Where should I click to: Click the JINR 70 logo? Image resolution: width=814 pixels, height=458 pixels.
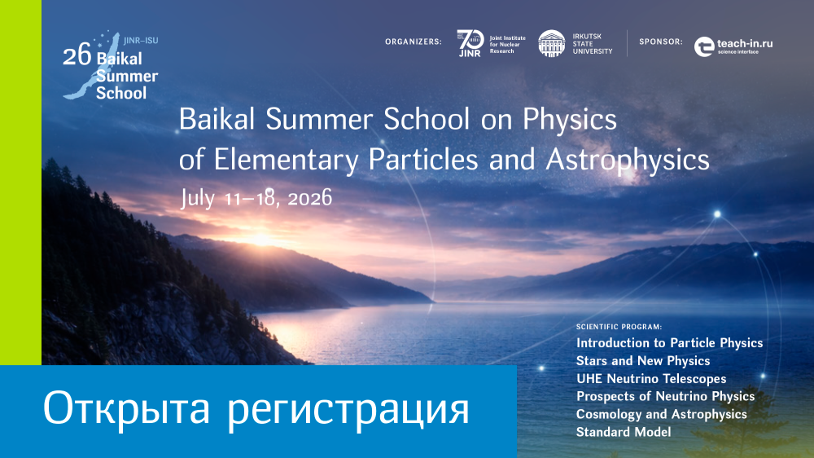(x=470, y=43)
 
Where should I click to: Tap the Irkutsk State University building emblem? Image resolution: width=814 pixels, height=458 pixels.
(x=551, y=43)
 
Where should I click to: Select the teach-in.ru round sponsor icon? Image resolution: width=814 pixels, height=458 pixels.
(x=704, y=46)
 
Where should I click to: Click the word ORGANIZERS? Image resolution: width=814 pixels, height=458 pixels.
(x=414, y=42)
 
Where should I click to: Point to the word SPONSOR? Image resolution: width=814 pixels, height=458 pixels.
(x=661, y=42)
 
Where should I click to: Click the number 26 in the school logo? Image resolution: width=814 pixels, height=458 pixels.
(x=77, y=55)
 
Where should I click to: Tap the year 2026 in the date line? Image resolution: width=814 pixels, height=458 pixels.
(x=309, y=198)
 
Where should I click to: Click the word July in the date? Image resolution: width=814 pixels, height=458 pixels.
(x=198, y=199)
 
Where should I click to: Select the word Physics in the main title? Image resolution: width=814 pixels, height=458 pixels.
(x=570, y=121)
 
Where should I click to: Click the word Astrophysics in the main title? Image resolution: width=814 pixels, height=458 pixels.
(x=628, y=160)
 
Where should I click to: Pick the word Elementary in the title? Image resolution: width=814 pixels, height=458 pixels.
(x=286, y=160)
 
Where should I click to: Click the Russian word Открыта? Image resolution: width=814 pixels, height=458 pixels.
(x=126, y=408)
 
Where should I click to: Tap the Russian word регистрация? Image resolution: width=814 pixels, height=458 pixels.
(x=348, y=411)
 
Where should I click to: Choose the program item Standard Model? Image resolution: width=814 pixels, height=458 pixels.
(x=624, y=432)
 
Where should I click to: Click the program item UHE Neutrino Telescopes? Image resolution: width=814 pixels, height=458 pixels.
(x=651, y=379)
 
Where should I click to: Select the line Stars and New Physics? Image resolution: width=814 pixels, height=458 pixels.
(x=643, y=361)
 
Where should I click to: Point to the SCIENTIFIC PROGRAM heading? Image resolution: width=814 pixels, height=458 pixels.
(x=619, y=327)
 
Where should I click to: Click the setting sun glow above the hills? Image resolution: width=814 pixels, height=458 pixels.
(x=260, y=239)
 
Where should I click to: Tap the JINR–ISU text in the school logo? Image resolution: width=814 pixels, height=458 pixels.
(x=141, y=41)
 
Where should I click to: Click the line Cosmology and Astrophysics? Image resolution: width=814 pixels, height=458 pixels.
(x=661, y=414)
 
